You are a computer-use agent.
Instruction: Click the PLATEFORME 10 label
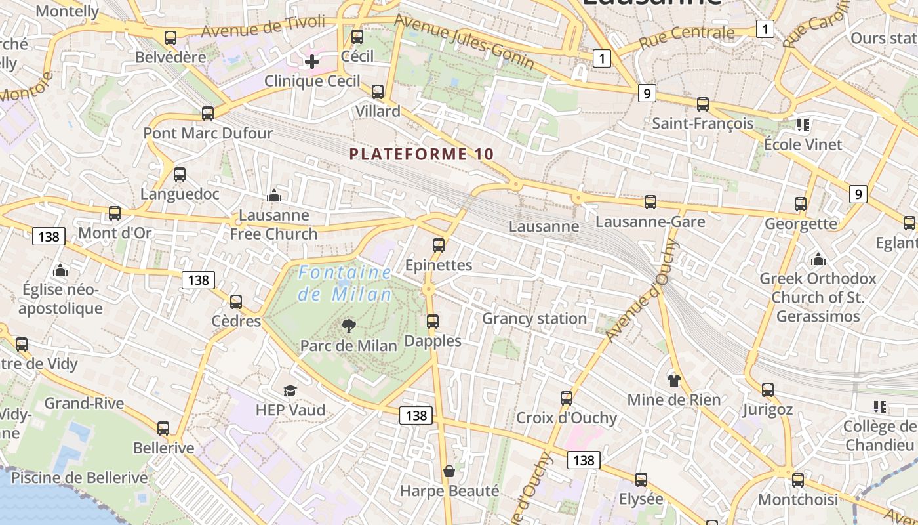[x=421, y=154]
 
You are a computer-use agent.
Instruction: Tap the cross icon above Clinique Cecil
[x=312, y=62]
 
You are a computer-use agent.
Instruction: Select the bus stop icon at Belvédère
[x=170, y=38]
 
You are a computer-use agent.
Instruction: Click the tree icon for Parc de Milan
[x=349, y=325]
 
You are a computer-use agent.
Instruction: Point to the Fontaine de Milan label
[x=345, y=283]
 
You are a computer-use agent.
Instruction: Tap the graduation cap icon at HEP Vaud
[x=290, y=391]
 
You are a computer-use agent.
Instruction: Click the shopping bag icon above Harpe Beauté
[x=449, y=471]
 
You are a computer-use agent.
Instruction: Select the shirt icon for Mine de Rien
[x=673, y=380]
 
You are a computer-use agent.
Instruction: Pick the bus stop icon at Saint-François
[x=703, y=104]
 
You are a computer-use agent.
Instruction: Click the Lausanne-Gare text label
[x=650, y=222]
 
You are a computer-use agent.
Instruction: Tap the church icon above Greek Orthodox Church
[x=818, y=259]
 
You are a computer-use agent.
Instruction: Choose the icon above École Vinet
[x=803, y=125]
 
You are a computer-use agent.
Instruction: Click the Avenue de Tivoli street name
[x=263, y=27]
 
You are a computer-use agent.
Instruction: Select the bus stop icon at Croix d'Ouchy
[x=567, y=398]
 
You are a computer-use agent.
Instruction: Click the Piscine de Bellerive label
[x=79, y=478]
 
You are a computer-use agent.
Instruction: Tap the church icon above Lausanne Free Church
[x=274, y=196]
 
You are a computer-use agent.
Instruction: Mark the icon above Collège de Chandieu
[x=879, y=407]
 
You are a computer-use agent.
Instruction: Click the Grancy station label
[x=534, y=319]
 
